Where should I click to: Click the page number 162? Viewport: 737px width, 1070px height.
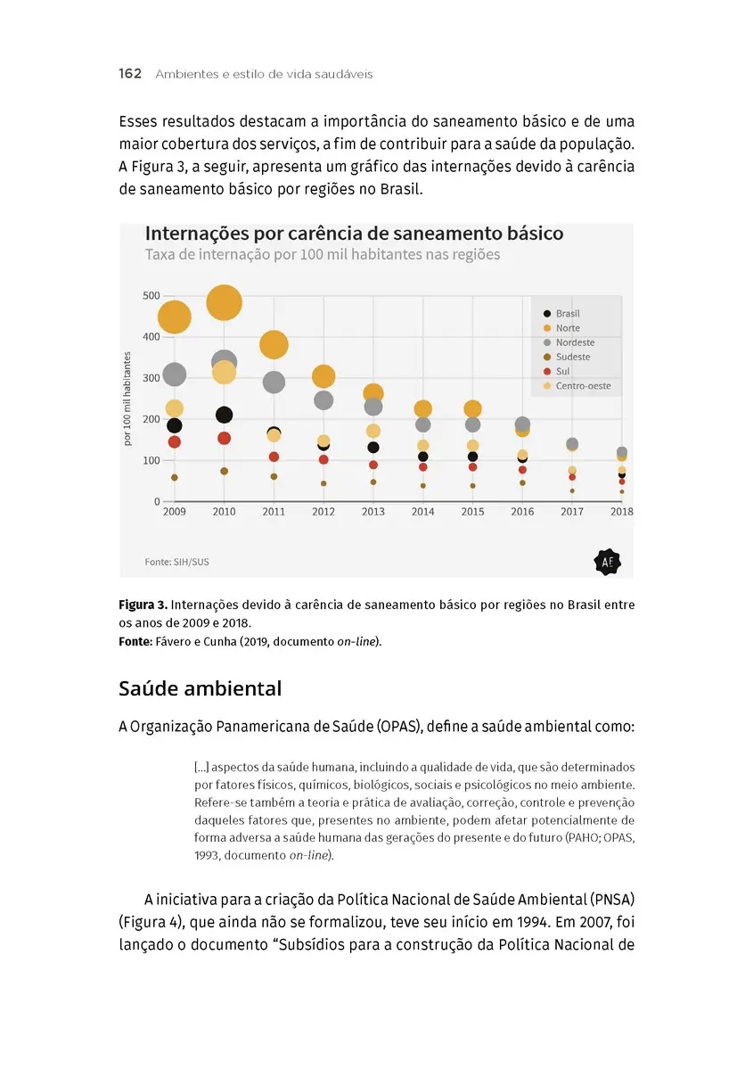[130, 74]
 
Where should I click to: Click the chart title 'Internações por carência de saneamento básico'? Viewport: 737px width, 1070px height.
[354, 234]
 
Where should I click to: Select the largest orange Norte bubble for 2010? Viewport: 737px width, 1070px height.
[224, 302]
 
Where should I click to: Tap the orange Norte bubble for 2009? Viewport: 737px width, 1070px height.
[174, 317]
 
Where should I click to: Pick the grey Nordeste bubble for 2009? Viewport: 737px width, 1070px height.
[175, 374]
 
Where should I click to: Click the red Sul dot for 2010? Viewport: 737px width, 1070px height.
[224, 438]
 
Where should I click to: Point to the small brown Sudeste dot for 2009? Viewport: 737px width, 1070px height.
[175, 477]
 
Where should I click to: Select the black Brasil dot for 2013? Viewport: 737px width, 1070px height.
[373, 448]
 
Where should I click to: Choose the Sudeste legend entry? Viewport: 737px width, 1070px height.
[572, 357]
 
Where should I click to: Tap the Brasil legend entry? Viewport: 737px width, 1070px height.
[567, 314]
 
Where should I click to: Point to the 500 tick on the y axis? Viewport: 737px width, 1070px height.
[151, 296]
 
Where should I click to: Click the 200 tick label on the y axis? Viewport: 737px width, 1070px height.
[151, 419]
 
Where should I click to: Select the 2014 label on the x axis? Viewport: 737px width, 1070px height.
[422, 512]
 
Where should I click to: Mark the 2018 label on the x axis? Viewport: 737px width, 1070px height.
[621, 512]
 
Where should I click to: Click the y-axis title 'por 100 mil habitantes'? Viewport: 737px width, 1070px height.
[127, 399]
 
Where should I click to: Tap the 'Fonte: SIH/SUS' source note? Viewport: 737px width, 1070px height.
[176, 563]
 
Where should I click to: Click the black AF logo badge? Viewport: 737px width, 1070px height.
[607, 562]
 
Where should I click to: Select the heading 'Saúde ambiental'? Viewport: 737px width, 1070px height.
[200, 688]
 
